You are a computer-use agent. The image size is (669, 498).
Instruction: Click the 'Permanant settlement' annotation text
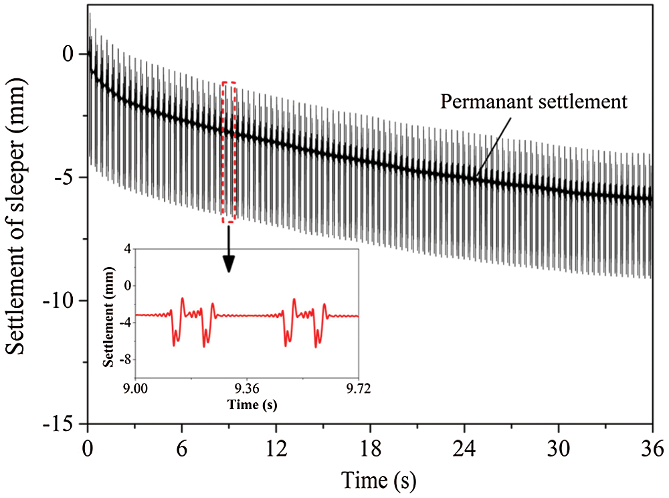[533, 102]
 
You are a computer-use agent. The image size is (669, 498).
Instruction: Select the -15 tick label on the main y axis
[66, 424]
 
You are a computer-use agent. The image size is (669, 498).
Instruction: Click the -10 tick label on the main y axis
[66, 301]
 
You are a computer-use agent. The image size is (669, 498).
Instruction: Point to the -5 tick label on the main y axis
[70, 177]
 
